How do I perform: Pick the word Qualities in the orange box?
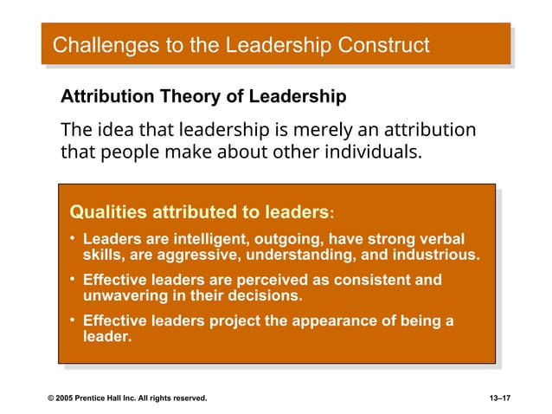pyautogui.click(x=107, y=211)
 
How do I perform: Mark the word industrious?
pyautogui.click(x=439, y=256)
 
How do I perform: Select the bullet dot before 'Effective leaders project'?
pyautogui.click(x=73, y=320)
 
